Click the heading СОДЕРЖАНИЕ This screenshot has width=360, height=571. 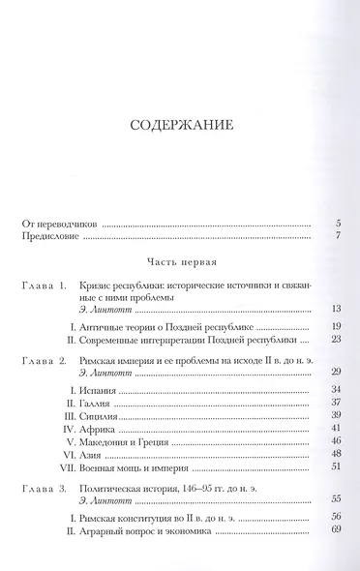pos(179,126)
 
